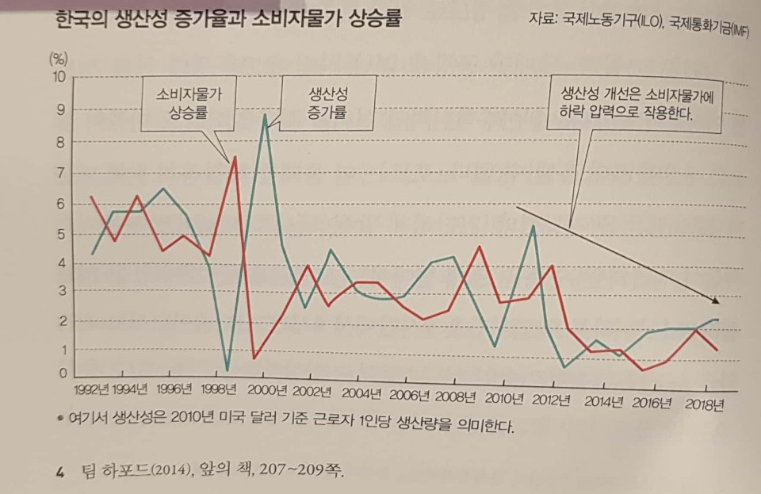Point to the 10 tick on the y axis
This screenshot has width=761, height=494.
point(58,78)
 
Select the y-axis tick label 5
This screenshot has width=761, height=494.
point(59,234)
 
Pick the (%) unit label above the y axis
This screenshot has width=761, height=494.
point(58,57)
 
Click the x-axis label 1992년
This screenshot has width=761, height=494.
point(90,390)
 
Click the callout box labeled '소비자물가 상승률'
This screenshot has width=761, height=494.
point(188,102)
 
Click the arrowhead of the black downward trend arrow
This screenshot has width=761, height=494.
point(716,301)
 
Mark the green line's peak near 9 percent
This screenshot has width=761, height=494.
point(264,116)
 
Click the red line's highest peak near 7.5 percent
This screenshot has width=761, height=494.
point(235,158)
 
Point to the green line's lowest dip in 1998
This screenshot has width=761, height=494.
point(228,370)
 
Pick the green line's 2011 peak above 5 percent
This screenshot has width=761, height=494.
point(533,226)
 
